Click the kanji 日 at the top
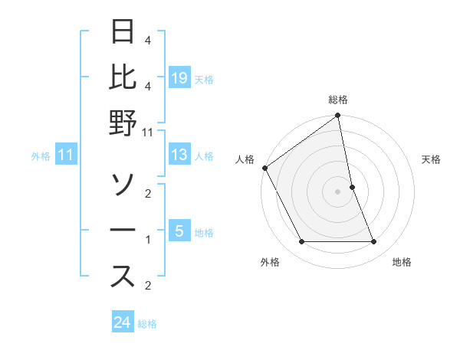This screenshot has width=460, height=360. point(123,31)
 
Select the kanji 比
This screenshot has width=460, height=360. point(123,77)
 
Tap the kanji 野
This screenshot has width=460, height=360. point(123,123)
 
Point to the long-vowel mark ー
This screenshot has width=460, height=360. point(123,231)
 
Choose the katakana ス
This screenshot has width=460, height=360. point(123,277)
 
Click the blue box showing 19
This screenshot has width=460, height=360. point(179,77)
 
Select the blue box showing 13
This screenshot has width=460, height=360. point(179,155)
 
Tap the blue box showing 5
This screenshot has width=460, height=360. point(179,231)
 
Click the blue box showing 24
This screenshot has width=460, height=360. point(123,322)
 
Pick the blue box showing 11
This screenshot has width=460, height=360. point(66,155)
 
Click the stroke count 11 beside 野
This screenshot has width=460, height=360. point(148,132)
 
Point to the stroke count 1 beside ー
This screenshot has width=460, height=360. point(148,240)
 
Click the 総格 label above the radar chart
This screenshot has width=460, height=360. point(338,100)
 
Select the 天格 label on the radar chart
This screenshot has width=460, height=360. point(432,159)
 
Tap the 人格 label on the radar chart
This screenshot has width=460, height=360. point(245,159)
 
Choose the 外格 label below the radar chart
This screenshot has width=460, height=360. point(270,262)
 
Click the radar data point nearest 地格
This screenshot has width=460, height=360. point(374,242)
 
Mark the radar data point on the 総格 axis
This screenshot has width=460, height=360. point(338,116)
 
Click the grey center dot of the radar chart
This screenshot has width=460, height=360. point(338,191)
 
